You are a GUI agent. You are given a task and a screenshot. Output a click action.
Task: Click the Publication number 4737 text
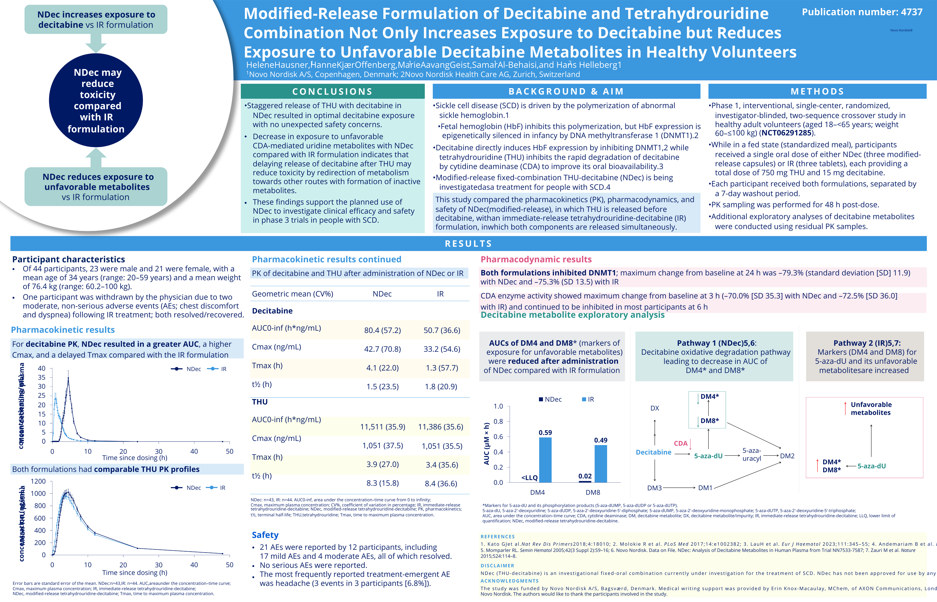pos(862,12)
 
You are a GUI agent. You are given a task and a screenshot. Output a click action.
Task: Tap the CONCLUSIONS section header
pos(332,92)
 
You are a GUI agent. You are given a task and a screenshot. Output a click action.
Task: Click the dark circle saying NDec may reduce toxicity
pos(96,101)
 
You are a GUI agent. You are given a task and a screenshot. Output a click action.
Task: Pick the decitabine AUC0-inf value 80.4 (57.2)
pos(382,330)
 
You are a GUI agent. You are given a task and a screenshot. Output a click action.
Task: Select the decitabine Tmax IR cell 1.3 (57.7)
pos(442,368)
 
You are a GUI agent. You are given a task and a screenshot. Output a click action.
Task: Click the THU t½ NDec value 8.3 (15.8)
pos(382,483)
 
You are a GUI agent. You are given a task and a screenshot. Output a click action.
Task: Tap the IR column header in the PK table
pos(440,294)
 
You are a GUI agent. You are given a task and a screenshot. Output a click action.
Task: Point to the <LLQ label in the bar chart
pos(529,478)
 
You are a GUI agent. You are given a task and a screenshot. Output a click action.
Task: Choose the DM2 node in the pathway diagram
pos(787,456)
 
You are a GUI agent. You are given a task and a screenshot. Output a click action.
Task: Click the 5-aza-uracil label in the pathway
pos(751,455)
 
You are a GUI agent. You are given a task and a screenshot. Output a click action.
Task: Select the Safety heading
pos(265,535)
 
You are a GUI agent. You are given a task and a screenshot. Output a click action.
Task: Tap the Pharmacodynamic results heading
pos(536,259)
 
